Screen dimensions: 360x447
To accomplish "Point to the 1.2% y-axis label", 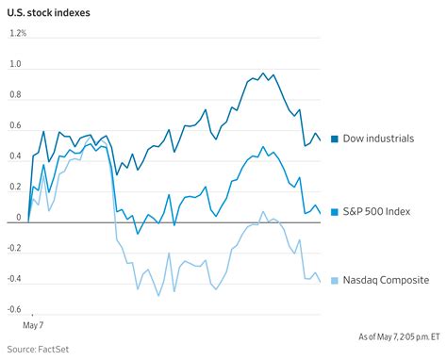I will coord(19,34).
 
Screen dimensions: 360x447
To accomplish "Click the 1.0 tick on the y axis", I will coord(15,64).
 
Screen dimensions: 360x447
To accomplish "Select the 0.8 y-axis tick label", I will coord(15,95).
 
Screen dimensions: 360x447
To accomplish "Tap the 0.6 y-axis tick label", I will coord(15,126).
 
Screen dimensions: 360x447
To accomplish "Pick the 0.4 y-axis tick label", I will coord(15,156).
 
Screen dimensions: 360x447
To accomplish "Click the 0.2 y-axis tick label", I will coord(15,188).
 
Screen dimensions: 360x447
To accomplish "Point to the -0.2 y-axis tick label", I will coord(14,249).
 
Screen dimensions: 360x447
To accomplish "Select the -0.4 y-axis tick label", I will coord(14,280).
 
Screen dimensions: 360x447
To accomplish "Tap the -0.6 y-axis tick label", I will coord(14,310).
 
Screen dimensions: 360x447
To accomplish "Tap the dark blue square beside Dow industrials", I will coord(335,139).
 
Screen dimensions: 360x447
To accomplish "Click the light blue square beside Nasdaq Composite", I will coord(335,281).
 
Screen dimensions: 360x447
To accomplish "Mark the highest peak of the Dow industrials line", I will coord(261,73).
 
